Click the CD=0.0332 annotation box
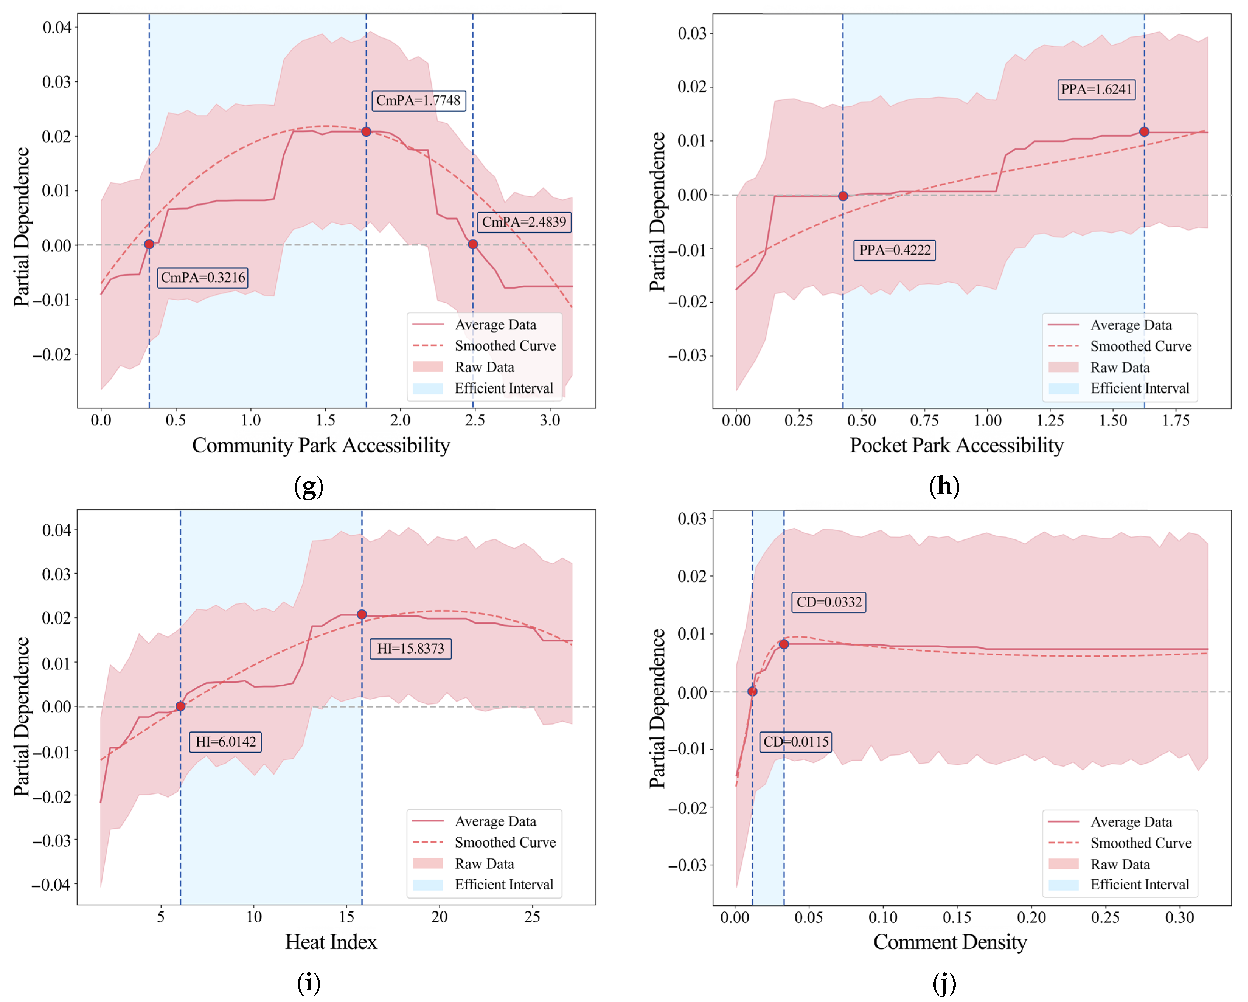(829, 602)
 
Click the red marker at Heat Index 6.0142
(181, 706)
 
